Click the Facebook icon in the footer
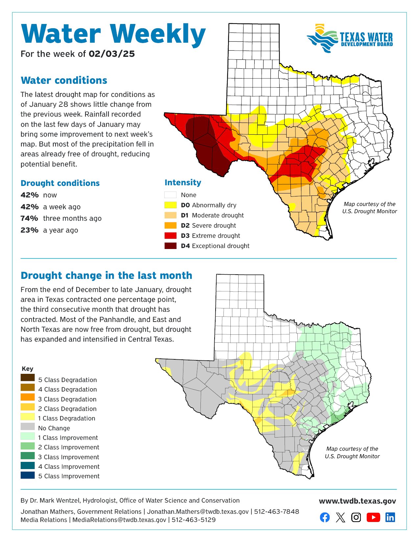(x=325, y=517)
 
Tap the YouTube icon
(x=373, y=517)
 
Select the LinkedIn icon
(x=390, y=517)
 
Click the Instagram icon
(x=356, y=517)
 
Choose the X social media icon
(x=340, y=517)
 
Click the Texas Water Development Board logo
(x=350, y=38)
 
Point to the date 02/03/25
(x=111, y=54)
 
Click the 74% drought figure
(x=29, y=218)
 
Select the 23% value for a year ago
(x=30, y=230)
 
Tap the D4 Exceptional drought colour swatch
(x=171, y=246)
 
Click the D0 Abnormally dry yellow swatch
(x=171, y=205)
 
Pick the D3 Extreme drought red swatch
(x=171, y=236)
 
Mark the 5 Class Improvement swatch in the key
(x=28, y=475)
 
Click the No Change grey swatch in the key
(x=28, y=426)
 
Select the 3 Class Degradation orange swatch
(x=28, y=397)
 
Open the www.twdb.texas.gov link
(x=357, y=501)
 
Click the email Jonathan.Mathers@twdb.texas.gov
(x=198, y=511)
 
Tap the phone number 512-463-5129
(x=194, y=520)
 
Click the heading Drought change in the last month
(x=106, y=275)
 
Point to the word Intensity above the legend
(x=183, y=183)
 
